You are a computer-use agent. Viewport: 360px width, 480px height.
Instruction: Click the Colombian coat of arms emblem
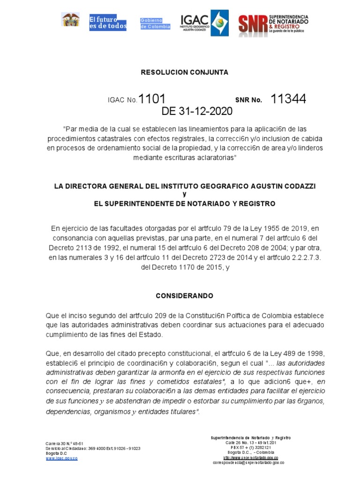pyautogui.click(x=70, y=20)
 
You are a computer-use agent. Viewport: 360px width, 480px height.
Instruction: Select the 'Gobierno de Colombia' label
pyautogui.click(x=151, y=23)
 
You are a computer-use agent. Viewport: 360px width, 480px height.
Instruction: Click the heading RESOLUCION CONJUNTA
pyautogui.click(x=184, y=73)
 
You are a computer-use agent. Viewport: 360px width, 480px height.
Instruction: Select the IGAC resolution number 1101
pyautogui.click(x=152, y=99)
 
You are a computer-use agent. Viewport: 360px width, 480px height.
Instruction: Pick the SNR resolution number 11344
pyautogui.click(x=288, y=99)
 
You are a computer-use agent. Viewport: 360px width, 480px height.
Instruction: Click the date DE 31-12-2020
pyautogui.click(x=196, y=112)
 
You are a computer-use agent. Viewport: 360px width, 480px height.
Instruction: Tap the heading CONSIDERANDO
pyautogui.click(x=184, y=296)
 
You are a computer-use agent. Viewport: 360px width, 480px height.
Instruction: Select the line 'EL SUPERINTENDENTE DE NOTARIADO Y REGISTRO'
pyautogui.click(x=185, y=203)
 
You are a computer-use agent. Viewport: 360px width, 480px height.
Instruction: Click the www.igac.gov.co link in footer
pyautogui.click(x=61, y=458)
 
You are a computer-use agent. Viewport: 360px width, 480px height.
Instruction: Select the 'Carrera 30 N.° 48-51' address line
pyautogui.click(x=64, y=443)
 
